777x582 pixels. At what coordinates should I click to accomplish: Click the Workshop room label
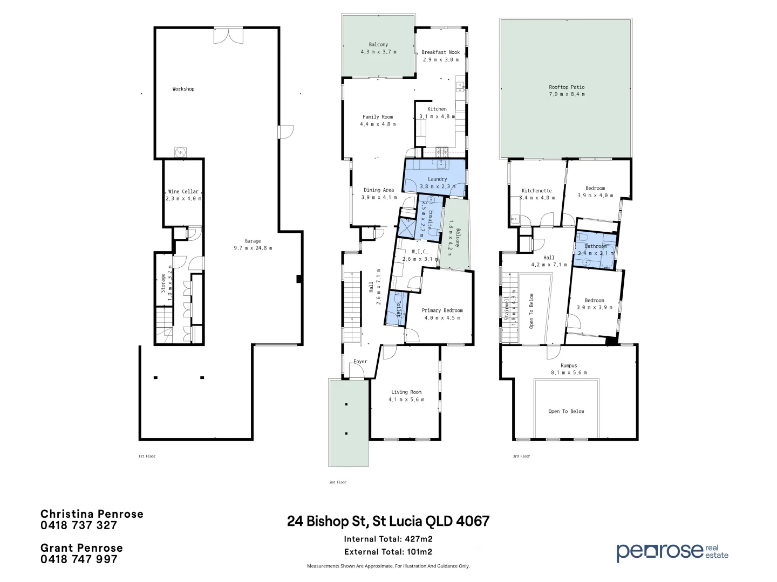183,89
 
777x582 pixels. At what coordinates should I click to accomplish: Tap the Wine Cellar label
183,191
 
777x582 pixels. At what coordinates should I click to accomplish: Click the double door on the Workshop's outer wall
228,36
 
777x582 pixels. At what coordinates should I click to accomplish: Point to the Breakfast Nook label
440,52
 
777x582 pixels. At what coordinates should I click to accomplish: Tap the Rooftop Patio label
567,87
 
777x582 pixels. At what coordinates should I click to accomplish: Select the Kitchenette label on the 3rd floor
536,191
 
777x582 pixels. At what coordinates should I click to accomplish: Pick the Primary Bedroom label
442,310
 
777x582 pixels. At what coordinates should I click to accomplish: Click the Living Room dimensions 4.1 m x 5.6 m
406,399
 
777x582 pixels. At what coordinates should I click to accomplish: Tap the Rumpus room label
569,365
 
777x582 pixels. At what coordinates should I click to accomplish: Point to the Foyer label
360,362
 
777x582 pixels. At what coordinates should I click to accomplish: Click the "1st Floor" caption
147,456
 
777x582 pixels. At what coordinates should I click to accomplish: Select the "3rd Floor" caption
521,456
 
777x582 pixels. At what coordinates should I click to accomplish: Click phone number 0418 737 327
79,525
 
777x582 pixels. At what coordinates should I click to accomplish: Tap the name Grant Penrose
81,548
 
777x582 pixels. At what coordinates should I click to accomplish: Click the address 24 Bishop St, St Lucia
388,521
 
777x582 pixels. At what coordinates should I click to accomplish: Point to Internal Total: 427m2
388,539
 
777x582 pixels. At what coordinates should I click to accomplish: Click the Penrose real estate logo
672,551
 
